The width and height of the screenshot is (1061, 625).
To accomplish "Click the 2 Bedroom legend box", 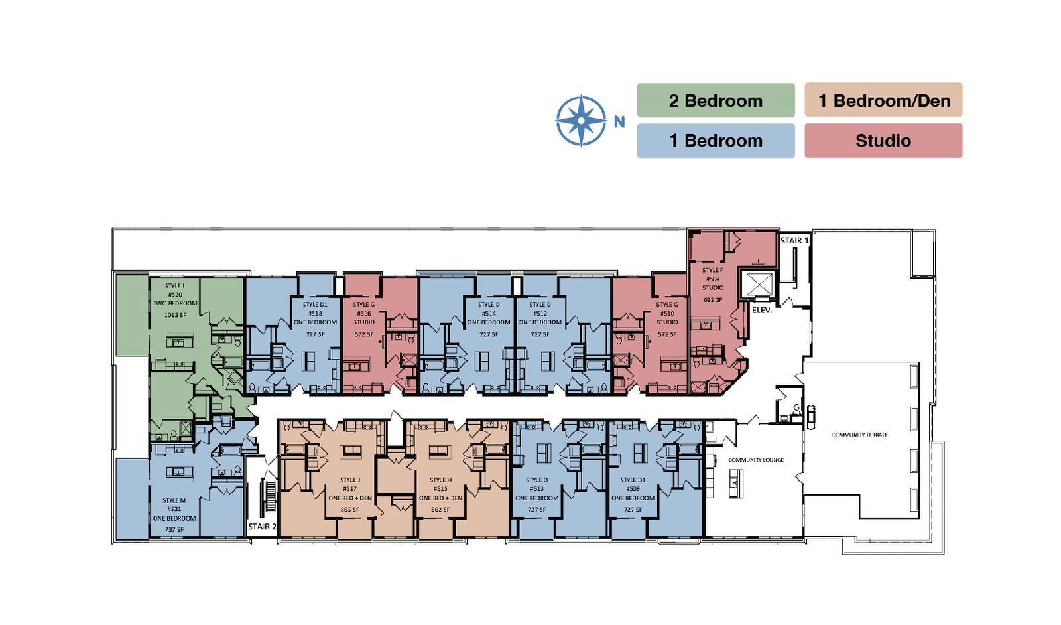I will click(716, 101).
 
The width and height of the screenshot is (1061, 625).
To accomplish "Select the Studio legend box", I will click(883, 141).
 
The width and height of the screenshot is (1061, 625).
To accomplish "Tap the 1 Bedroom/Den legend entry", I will click(883, 101).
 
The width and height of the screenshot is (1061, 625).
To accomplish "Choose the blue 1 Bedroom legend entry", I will click(716, 141).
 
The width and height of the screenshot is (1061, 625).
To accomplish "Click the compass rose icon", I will click(581, 121).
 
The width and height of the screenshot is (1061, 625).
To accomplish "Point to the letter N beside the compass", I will click(619, 122).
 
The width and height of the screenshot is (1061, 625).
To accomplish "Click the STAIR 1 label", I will click(794, 241).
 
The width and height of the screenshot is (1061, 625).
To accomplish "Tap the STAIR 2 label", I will click(262, 527).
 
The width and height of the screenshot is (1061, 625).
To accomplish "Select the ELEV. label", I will click(762, 310).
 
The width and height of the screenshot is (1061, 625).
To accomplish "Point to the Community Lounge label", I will click(756, 460).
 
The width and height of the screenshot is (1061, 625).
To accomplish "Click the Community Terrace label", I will click(859, 435).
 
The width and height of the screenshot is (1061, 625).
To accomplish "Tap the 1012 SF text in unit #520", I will click(175, 315).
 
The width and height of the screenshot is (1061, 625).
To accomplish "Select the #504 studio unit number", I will click(713, 279).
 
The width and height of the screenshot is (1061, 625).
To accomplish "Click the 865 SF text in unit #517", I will click(350, 510).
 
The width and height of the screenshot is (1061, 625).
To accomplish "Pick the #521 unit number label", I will click(174, 510).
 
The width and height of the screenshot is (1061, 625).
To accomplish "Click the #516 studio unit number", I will click(363, 314).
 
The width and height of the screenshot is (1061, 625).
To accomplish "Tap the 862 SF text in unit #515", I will click(440, 510).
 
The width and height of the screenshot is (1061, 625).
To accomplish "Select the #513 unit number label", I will click(536, 489).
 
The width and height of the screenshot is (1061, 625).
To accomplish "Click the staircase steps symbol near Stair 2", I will click(271, 496).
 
